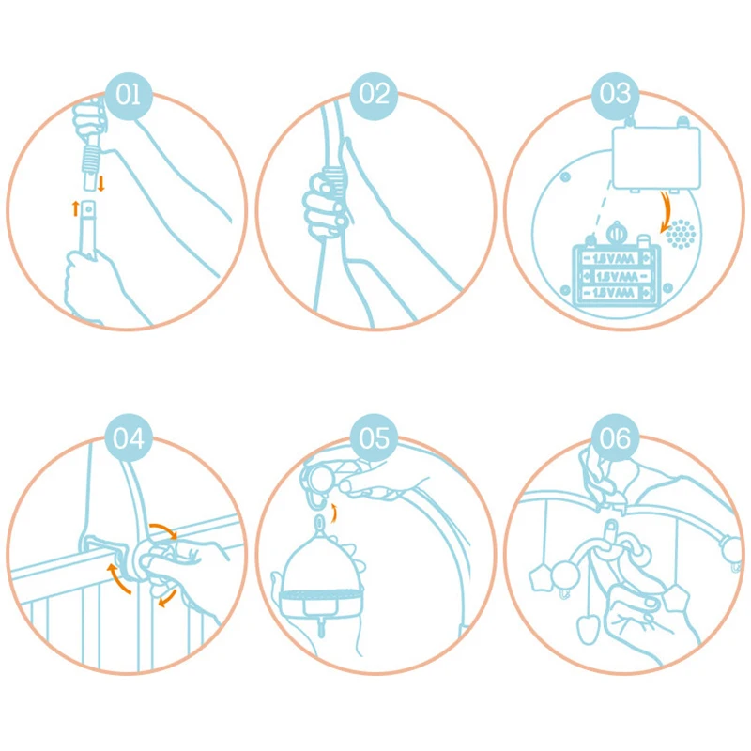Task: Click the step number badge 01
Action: tap(129, 95)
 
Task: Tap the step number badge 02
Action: tap(374, 95)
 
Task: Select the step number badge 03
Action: tap(615, 95)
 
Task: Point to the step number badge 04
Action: tap(129, 437)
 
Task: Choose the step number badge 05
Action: tap(374, 437)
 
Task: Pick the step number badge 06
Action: tap(615, 437)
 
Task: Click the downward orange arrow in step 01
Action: tap(101, 183)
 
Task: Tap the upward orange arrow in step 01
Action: tap(75, 208)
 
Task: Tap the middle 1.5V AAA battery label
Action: tap(617, 277)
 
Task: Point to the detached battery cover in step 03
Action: tap(656, 157)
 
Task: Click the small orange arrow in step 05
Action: tap(335, 513)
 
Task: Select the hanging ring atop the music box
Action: tap(319, 523)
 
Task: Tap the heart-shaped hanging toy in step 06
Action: tap(588, 628)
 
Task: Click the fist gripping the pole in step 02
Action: tap(325, 205)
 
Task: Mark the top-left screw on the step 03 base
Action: tap(566, 176)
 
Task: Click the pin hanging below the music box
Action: tap(321, 626)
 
